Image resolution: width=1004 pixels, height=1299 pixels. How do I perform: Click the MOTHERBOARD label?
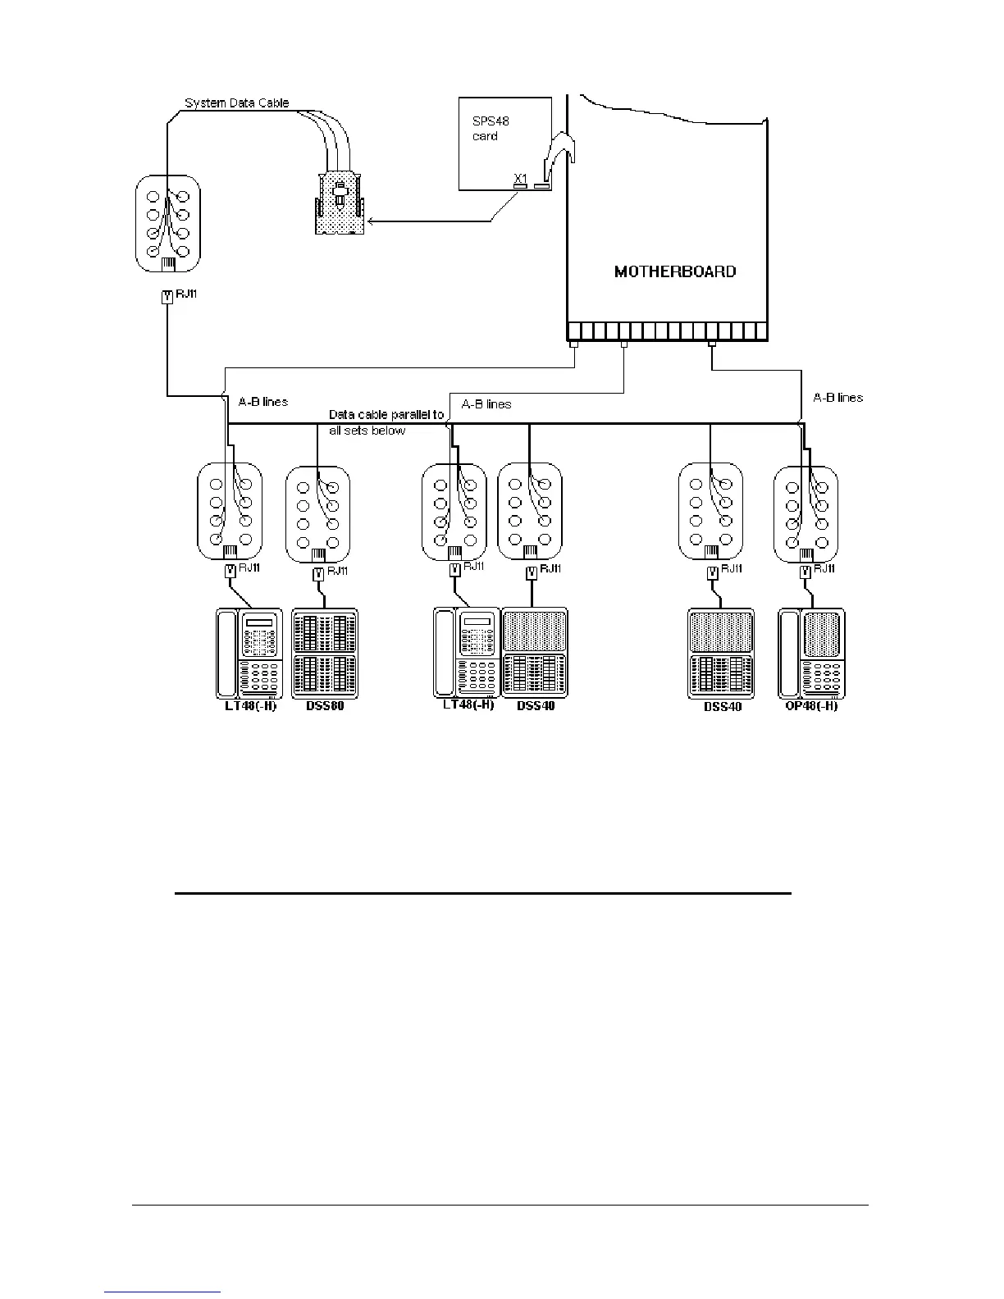click(675, 271)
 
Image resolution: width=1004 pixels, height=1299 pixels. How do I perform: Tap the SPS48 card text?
click(491, 128)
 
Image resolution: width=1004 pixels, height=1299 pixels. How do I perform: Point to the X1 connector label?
click(520, 177)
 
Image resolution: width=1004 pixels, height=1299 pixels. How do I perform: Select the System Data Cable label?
click(236, 103)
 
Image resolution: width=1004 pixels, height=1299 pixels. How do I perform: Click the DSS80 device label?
click(325, 706)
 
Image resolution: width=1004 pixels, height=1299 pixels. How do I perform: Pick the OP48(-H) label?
click(811, 706)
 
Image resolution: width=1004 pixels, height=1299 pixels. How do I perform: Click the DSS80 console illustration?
click(325, 653)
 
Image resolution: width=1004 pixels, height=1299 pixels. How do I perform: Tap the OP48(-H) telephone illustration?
click(811, 653)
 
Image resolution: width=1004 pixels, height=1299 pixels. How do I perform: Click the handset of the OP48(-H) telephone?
click(789, 653)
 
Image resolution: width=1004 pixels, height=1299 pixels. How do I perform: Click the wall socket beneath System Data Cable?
click(168, 222)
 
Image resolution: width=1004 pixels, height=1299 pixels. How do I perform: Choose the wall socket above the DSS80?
click(317, 513)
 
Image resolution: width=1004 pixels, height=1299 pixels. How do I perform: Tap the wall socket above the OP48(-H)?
click(806, 513)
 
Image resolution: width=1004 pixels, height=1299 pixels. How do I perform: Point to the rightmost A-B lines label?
click(837, 398)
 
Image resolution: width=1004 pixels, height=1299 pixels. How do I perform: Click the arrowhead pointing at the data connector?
click(372, 221)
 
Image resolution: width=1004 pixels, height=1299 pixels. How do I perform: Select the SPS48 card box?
click(504, 144)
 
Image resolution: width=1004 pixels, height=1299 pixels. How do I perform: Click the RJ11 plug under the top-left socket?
click(167, 298)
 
